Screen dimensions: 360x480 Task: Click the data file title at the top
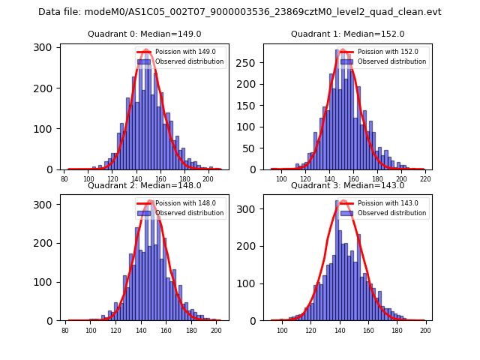click(x=240, y=12)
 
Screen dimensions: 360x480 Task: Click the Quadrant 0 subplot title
click(x=144, y=34)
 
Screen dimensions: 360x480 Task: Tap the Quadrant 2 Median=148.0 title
click(x=144, y=185)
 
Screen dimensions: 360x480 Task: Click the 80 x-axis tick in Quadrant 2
click(x=65, y=330)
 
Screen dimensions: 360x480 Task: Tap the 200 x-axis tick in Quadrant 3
click(x=426, y=330)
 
